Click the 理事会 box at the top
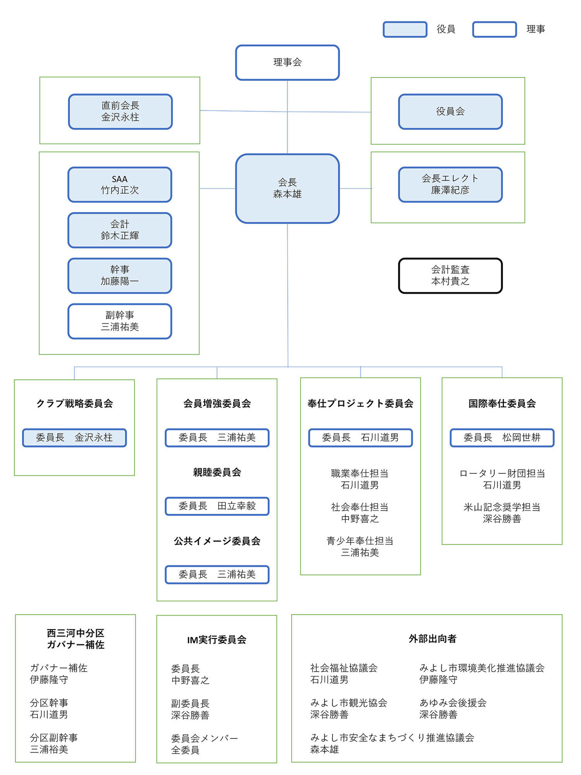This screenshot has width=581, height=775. pos(287,63)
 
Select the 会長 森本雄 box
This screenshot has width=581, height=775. pos(287,189)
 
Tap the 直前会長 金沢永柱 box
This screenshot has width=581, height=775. pos(120,112)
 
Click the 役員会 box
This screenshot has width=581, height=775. pos(450,112)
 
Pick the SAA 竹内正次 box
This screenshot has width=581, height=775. pos(120,184)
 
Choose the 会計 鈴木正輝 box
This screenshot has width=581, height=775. pos(120,230)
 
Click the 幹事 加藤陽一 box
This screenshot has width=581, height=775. pos(120,276)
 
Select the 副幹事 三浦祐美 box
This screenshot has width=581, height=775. pos(120,321)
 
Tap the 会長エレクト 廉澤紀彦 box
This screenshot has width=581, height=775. pos(450,184)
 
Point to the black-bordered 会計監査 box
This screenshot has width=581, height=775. pos(450,276)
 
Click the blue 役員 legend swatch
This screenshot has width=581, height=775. pos(405,29)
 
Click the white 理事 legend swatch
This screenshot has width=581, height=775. pos(495,29)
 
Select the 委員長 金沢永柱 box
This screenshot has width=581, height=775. pos(74,438)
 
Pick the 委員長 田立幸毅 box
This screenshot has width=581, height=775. pos(217,506)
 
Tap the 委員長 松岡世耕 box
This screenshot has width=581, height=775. pos(502,438)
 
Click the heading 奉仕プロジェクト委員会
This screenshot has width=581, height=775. pos(360,404)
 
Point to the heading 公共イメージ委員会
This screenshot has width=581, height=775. pos(217,541)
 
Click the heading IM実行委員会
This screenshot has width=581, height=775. pos(217,640)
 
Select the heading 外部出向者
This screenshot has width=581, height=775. pos(433,639)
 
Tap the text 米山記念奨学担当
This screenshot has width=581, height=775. pos(502,507)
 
